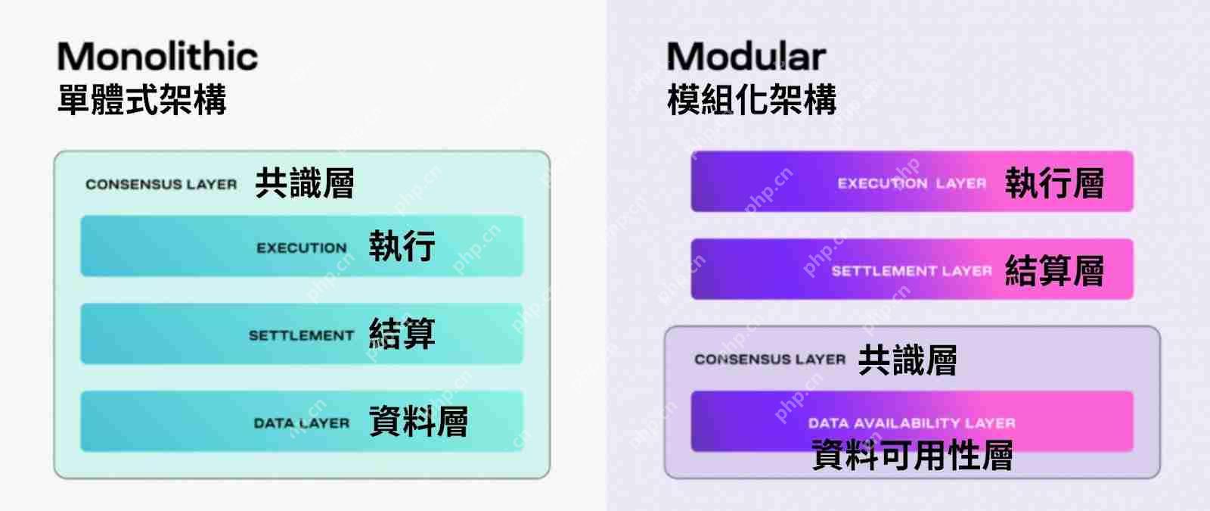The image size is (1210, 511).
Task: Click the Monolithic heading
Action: pyautogui.click(x=157, y=57)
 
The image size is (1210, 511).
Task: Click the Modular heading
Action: pyautogui.click(x=746, y=57)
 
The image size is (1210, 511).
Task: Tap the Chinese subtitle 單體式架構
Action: pyautogui.click(x=141, y=99)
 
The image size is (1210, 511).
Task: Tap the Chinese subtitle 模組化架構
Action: pyautogui.click(x=752, y=99)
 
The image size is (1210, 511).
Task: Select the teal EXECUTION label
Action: pyautogui.click(x=301, y=248)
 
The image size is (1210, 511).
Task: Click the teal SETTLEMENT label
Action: pyautogui.click(x=301, y=335)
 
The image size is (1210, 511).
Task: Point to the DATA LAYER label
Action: pyautogui.click(x=301, y=423)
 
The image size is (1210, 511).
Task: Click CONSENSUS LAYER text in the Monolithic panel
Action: pyautogui.click(x=161, y=184)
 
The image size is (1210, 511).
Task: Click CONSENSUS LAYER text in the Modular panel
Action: pyautogui.click(x=770, y=360)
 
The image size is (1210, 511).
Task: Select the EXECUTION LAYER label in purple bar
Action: pyautogui.click(x=911, y=183)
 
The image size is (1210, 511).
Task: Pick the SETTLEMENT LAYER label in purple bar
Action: pyautogui.click(x=911, y=271)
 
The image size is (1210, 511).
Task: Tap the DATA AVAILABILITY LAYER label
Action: pyautogui.click(x=911, y=423)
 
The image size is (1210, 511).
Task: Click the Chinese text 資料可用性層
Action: pyautogui.click(x=911, y=456)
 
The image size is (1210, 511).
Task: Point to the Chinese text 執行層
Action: pyautogui.click(x=1054, y=183)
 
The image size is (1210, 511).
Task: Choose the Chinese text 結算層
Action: pyautogui.click(x=1054, y=271)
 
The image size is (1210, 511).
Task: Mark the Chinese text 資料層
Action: pyautogui.click(x=418, y=422)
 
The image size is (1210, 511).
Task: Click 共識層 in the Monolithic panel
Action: pyautogui.click(x=304, y=183)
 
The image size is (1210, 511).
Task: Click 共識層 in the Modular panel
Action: pyautogui.click(x=907, y=360)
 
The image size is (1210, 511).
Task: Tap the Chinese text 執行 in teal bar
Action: pyautogui.click(x=402, y=246)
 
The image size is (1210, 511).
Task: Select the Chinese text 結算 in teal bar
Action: pyautogui.click(x=402, y=334)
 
